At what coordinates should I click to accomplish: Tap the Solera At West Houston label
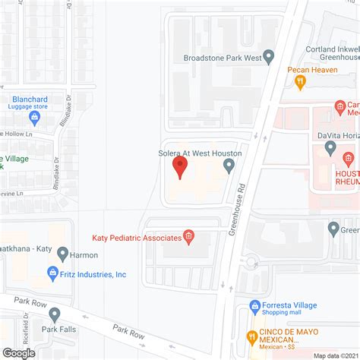[201, 153]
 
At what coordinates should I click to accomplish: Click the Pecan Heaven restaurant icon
[301, 80]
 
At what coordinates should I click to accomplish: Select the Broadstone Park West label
[222, 57]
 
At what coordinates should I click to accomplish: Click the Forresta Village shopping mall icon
[256, 308]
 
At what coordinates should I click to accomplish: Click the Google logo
[19, 352]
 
